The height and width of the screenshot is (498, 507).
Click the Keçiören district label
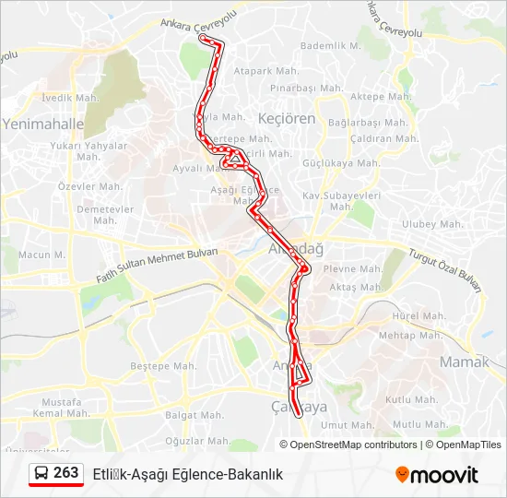(x=286, y=119)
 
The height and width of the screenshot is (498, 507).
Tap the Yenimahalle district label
(x=43, y=123)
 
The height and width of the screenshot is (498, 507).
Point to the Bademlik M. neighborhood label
(x=331, y=45)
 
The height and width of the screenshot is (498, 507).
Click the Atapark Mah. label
(x=265, y=70)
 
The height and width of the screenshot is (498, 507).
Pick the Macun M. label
(x=41, y=255)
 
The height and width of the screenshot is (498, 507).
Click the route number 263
(x=65, y=473)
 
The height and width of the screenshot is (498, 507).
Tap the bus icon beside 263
(x=41, y=473)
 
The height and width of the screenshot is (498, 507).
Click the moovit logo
(x=437, y=474)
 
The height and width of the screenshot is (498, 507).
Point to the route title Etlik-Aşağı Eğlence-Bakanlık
(x=187, y=474)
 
